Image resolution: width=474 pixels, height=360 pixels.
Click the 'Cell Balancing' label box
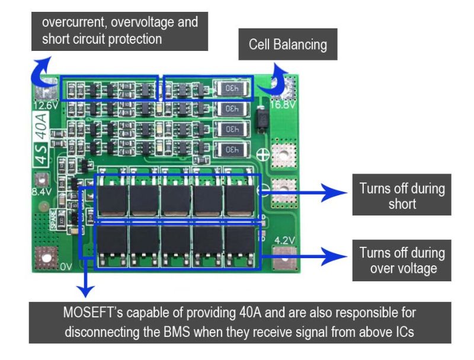tap(287, 44)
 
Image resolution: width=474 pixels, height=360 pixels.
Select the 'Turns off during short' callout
tap(402, 196)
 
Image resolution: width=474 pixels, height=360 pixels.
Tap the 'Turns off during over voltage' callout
tap(402, 260)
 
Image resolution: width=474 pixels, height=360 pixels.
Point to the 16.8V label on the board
tap(283, 105)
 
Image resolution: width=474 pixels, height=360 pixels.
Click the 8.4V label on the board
tap(41, 192)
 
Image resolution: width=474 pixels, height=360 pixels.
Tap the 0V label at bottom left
tap(65, 267)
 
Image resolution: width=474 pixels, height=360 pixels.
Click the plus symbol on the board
tap(262, 155)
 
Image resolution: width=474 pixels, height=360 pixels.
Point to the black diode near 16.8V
tap(260, 119)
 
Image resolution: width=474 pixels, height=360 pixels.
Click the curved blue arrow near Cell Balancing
tap(278, 82)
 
